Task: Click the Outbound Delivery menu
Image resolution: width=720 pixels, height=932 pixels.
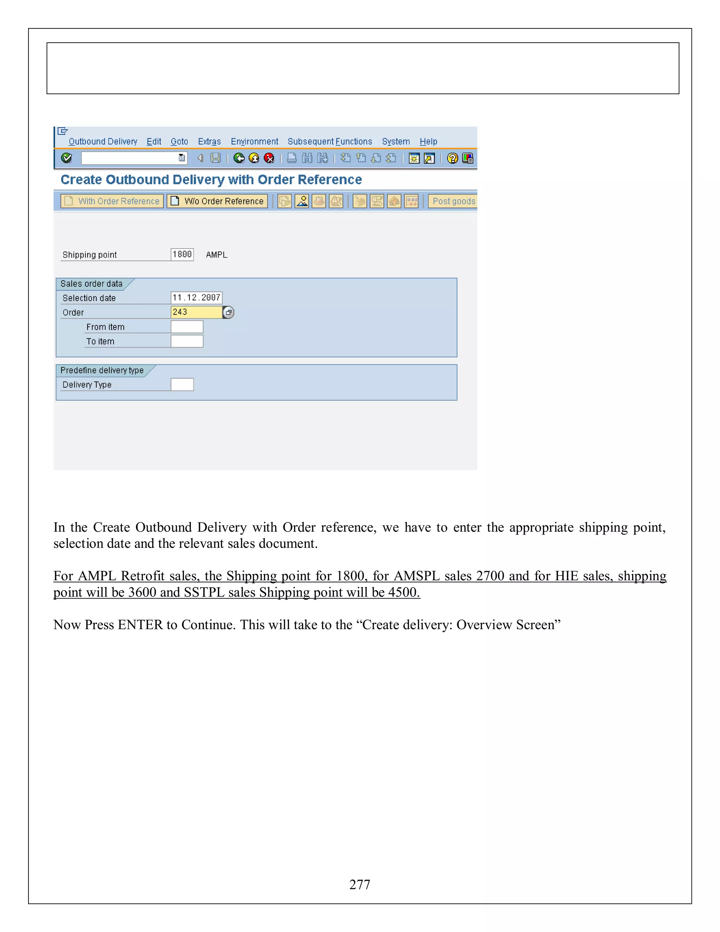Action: click(x=103, y=142)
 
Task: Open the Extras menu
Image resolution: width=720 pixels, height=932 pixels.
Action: click(x=209, y=142)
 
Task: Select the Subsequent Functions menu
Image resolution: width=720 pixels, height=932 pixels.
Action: click(x=330, y=142)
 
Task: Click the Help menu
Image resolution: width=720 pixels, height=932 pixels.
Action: click(x=428, y=142)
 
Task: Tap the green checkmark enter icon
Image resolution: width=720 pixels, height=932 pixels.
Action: click(x=67, y=158)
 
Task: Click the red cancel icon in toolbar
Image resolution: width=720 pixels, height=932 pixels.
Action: click(x=269, y=158)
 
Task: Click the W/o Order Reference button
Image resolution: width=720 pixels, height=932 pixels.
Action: click(x=218, y=201)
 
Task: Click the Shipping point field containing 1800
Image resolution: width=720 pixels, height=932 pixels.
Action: click(x=182, y=255)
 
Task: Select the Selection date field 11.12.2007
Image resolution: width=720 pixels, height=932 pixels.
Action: click(x=196, y=298)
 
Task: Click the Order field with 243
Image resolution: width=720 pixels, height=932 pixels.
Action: click(x=196, y=312)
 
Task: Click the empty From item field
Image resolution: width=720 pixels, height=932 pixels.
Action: click(x=187, y=327)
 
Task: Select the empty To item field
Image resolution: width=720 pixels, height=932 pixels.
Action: click(x=187, y=341)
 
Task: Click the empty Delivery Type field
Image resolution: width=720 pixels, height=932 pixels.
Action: click(x=182, y=385)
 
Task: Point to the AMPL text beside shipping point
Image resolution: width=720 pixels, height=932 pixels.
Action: click(x=217, y=255)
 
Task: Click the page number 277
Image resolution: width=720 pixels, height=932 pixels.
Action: click(x=360, y=885)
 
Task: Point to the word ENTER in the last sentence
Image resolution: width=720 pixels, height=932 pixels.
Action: click(x=140, y=625)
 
